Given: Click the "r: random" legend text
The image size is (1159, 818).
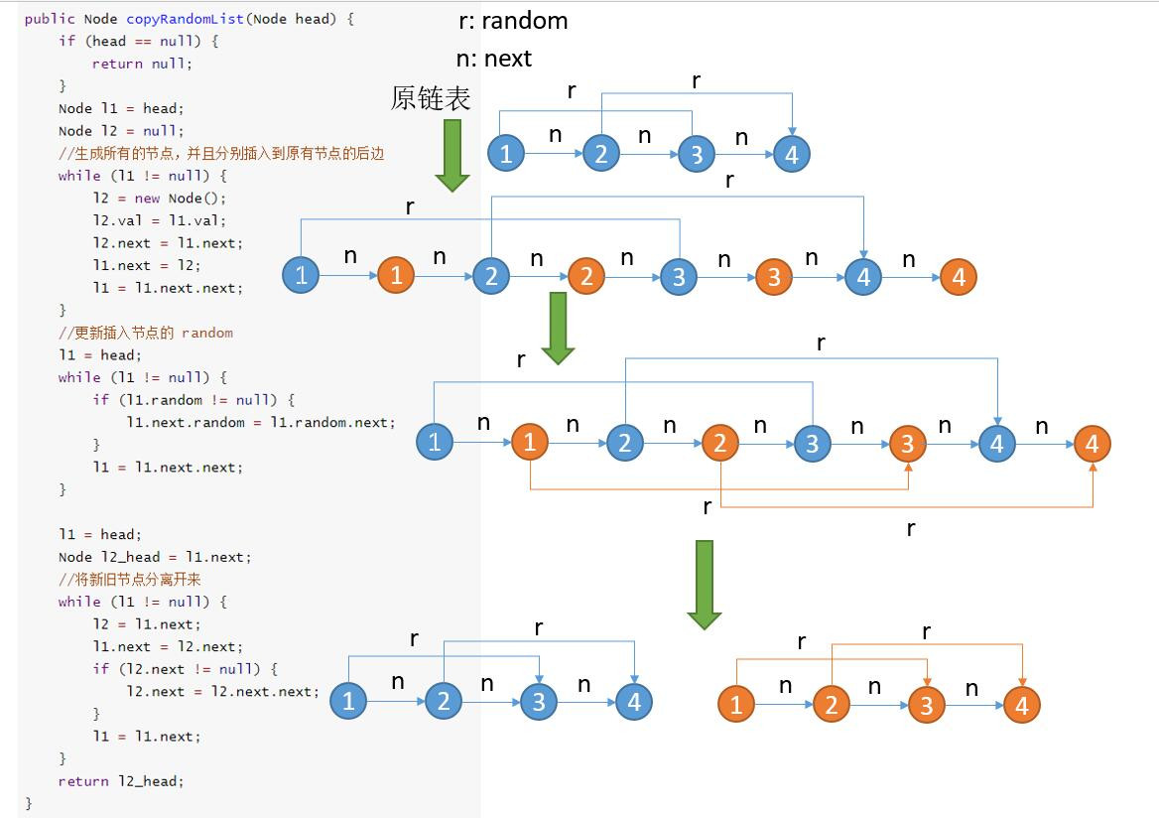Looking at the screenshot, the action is click(513, 21).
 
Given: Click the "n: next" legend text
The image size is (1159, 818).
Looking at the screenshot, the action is click(494, 58).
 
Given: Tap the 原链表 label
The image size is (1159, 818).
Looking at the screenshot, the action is click(431, 98).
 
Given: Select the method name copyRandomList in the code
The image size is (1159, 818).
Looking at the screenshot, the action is click(185, 19).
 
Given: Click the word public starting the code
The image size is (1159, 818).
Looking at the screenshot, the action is click(50, 19).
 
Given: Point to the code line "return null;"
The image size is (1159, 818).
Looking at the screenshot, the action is click(142, 64).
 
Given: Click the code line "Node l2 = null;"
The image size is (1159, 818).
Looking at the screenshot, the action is click(121, 131).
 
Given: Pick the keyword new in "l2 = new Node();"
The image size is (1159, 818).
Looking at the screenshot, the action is click(147, 199).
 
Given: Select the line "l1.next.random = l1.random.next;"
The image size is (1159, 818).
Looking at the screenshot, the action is click(261, 422).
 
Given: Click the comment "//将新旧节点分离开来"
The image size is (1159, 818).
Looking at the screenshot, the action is click(129, 579).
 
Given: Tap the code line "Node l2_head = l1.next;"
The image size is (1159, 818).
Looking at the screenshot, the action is click(155, 557).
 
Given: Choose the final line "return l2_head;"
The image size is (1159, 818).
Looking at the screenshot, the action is click(120, 781).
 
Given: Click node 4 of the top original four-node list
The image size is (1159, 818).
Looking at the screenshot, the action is click(792, 154).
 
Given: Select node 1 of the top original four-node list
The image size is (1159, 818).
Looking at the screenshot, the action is click(506, 153).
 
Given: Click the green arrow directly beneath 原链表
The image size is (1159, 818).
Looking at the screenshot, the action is click(452, 155).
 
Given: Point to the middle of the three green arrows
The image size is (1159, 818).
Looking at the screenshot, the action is click(558, 328).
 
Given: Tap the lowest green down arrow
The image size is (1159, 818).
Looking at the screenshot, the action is click(705, 585).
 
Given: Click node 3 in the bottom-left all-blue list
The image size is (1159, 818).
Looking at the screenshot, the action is click(539, 701).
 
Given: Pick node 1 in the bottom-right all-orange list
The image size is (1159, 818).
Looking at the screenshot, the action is click(736, 704).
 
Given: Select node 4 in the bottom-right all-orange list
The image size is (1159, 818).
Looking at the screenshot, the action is click(1022, 705).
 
